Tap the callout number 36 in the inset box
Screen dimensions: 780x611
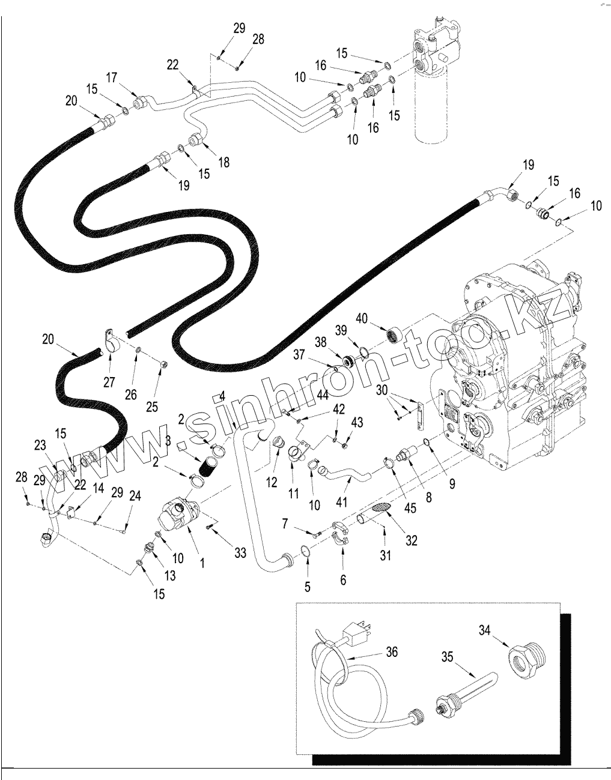(x=391, y=652)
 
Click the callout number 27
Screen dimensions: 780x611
(x=109, y=382)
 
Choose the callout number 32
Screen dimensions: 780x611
(x=411, y=540)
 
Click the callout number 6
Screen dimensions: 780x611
(x=343, y=579)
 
